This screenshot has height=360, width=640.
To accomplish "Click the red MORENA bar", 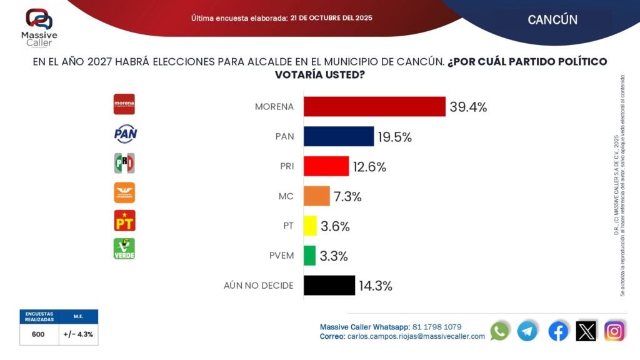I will click(x=374, y=106).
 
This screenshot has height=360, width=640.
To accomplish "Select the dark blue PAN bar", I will click(x=338, y=136).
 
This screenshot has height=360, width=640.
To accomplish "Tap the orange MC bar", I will click(x=316, y=196).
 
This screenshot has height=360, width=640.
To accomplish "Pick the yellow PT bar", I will click(x=310, y=226).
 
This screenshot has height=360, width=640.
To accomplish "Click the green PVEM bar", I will click(x=309, y=256).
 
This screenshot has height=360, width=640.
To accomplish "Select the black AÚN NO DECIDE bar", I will click(x=329, y=286).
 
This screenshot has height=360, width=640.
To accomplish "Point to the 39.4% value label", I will click(x=467, y=107).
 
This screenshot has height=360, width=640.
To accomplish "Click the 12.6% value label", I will click(x=369, y=167).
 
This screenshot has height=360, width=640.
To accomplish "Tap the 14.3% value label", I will click(x=376, y=286).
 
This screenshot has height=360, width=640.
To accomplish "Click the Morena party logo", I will click(x=124, y=104).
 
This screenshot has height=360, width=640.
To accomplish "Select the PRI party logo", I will click(x=124, y=163).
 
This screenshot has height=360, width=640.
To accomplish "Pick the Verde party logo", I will click(x=124, y=249).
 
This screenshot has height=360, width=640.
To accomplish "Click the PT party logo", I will click(x=124, y=220).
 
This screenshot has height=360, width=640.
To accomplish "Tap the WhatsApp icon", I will click(x=500, y=331).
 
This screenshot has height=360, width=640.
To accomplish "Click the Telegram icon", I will click(x=527, y=331).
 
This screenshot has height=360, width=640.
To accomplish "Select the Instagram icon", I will click(x=614, y=331).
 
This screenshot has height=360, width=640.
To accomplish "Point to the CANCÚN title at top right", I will click(x=552, y=19).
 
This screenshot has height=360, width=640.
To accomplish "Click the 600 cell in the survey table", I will click(x=38, y=334).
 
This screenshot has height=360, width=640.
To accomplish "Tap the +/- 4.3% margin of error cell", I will click(x=78, y=334).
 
